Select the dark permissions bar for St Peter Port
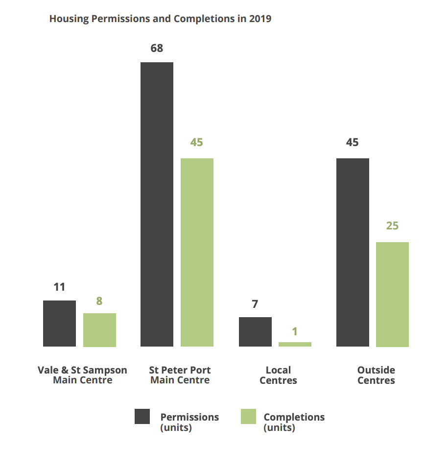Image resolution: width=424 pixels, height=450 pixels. pyautogui.click(x=157, y=204)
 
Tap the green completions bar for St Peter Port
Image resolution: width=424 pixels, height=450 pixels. pyautogui.click(x=197, y=252)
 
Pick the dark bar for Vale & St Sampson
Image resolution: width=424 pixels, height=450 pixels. pyautogui.click(x=59, y=324)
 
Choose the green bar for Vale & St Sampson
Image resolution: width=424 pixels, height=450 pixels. pyautogui.click(x=99, y=330)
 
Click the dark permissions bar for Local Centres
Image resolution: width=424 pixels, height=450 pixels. pyautogui.click(x=255, y=332)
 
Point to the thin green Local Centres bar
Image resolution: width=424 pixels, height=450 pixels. pyautogui.click(x=295, y=344)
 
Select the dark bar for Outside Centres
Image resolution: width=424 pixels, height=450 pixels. pyautogui.click(x=353, y=252)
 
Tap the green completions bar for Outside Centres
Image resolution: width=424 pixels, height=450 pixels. pyautogui.click(x=392, y=295)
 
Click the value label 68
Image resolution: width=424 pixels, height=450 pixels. pyautogui.click(x=157, y=48)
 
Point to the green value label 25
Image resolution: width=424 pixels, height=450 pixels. pyautogui.click(x=392, y=225)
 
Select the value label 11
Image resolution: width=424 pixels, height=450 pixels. pyautogui.click(x=59, y=287)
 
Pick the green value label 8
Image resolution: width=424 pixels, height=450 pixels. pyautogui.click(x=99, y=301)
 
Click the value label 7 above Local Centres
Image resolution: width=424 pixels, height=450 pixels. pyautogui.click(x=255, y=304)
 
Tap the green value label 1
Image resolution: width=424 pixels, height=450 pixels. pyautogui.click(x=295, y=331)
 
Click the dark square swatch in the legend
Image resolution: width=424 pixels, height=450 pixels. pyautogui.click(x=142, y=417)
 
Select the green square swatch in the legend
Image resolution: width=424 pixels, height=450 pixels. pyautogui.click(x=248, y=417)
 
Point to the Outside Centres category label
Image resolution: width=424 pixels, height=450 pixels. pyautogui.click(x=376, y=375)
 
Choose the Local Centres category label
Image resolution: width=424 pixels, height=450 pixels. pyautogui.click(x=278, y=375)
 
